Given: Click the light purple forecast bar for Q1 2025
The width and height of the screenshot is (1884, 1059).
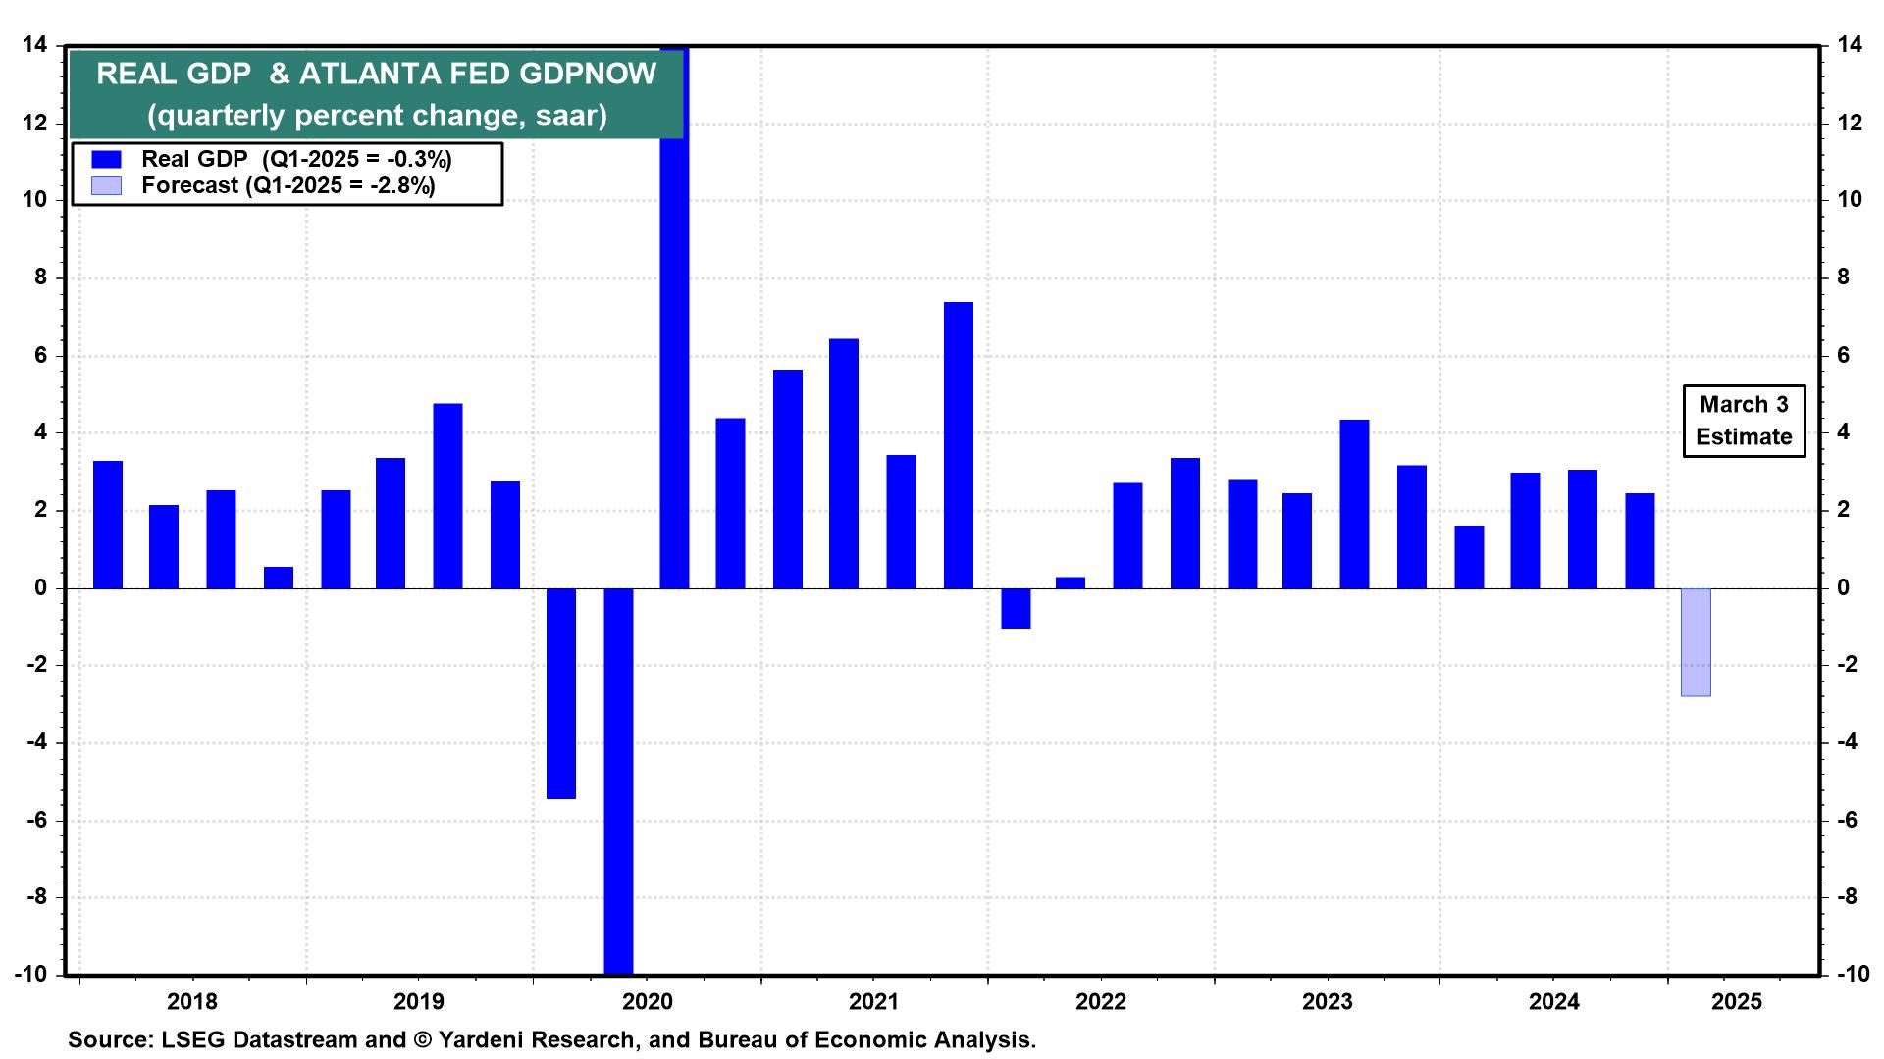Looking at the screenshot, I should (x=1696, y=642).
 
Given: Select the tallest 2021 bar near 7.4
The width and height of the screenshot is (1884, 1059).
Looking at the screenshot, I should (x=958, y=445).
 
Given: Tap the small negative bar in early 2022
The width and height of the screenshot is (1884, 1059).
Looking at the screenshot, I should (x=1016, y=608).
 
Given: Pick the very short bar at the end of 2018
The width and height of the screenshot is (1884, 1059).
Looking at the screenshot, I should (x=279, y=578).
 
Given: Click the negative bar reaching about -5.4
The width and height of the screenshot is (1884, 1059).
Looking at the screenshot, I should (x=561, y=693).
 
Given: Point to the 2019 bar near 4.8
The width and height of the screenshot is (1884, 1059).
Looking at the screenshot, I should (x=447, y=495).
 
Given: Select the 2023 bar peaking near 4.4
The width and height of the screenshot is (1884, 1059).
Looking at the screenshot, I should (x=1354, y=504).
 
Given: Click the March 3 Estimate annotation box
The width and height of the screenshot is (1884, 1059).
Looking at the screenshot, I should (x=1744, y=421).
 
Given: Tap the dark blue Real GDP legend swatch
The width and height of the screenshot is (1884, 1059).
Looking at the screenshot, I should (x=106, y=159).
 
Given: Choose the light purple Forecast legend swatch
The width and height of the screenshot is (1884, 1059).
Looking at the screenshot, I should (x=106, y=185).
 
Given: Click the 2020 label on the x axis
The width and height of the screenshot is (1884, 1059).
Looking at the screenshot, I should (x=648, y=1002).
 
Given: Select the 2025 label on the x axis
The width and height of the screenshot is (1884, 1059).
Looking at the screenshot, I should (x=1737, y=1002).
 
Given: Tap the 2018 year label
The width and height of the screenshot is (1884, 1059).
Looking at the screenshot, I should (x=192, y=1002).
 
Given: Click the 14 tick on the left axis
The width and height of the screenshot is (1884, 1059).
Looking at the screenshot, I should (x=35, y=45).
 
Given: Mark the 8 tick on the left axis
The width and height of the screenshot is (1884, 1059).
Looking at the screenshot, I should (x=41, y=277).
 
